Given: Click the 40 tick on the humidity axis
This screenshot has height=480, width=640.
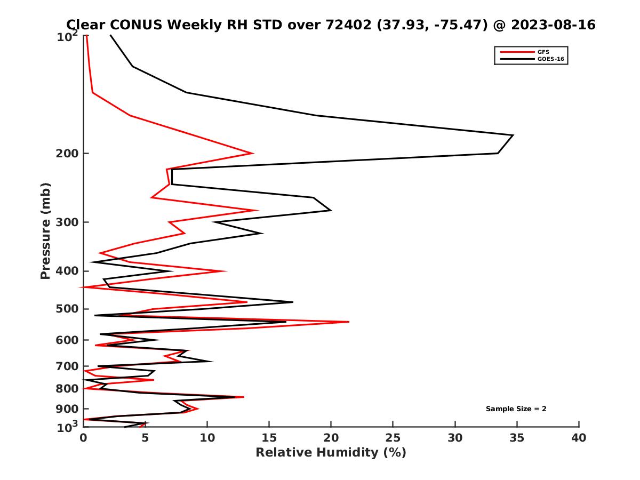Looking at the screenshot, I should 579,438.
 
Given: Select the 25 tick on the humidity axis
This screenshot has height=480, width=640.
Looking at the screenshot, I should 393,438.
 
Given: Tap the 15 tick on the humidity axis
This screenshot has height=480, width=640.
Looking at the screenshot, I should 269,438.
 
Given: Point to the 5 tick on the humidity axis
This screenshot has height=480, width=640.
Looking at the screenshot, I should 145,438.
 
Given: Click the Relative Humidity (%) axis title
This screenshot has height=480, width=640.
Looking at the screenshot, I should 331,453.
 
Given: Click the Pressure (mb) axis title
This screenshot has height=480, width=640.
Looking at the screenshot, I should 45,230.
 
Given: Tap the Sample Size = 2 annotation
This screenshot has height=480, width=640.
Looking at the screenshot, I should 516,409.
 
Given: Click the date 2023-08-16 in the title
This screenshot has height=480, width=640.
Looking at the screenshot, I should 552,25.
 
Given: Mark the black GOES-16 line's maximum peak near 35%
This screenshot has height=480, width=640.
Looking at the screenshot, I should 513,135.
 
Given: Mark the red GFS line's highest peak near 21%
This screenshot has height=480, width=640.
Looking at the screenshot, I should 349,322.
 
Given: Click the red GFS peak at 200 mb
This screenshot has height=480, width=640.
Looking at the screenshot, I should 253,153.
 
